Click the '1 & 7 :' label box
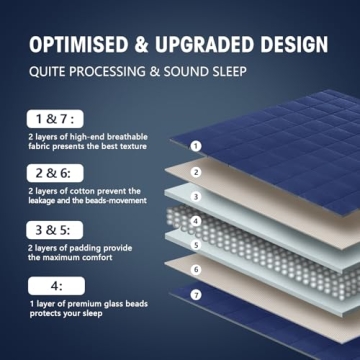pyautogui.click(x=51, y=118)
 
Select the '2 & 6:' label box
pyautogui.click(x=51, y=173)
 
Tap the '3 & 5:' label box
pyautogui.click(x=51, y=229)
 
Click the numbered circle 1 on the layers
pyautogui.click(x=196, y=145)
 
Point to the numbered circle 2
pyautogui.click(x=196, y=172)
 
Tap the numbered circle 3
pyautogui.click(x=196, y=197)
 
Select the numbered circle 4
pyautogui.click(x=196, y=221)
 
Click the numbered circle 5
pyautogui.click(x=196, y=244)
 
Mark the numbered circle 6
pyautogui.click(x=196, y=269)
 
